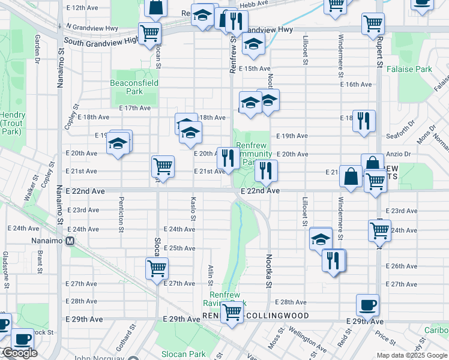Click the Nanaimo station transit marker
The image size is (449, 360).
pyautogui.click(x=70, y=241)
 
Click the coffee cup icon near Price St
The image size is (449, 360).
pyautogui.click(x=367, y=305)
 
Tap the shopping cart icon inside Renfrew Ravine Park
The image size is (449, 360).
pyautogui.click(x=232, y=311)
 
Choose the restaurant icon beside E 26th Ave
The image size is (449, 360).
pyautogui.click(x=333, y=260)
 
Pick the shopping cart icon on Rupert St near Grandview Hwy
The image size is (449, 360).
pyautogui.click(x=373, y=24)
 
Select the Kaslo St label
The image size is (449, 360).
pyautogui.click(x=193, y=208)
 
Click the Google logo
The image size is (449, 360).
pyautogui.click(x=19, y=353)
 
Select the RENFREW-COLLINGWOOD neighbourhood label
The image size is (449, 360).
pyautogui.click(x=256, y=316)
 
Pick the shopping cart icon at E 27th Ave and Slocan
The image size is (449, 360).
pyautogui.click(x=157, y=268)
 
